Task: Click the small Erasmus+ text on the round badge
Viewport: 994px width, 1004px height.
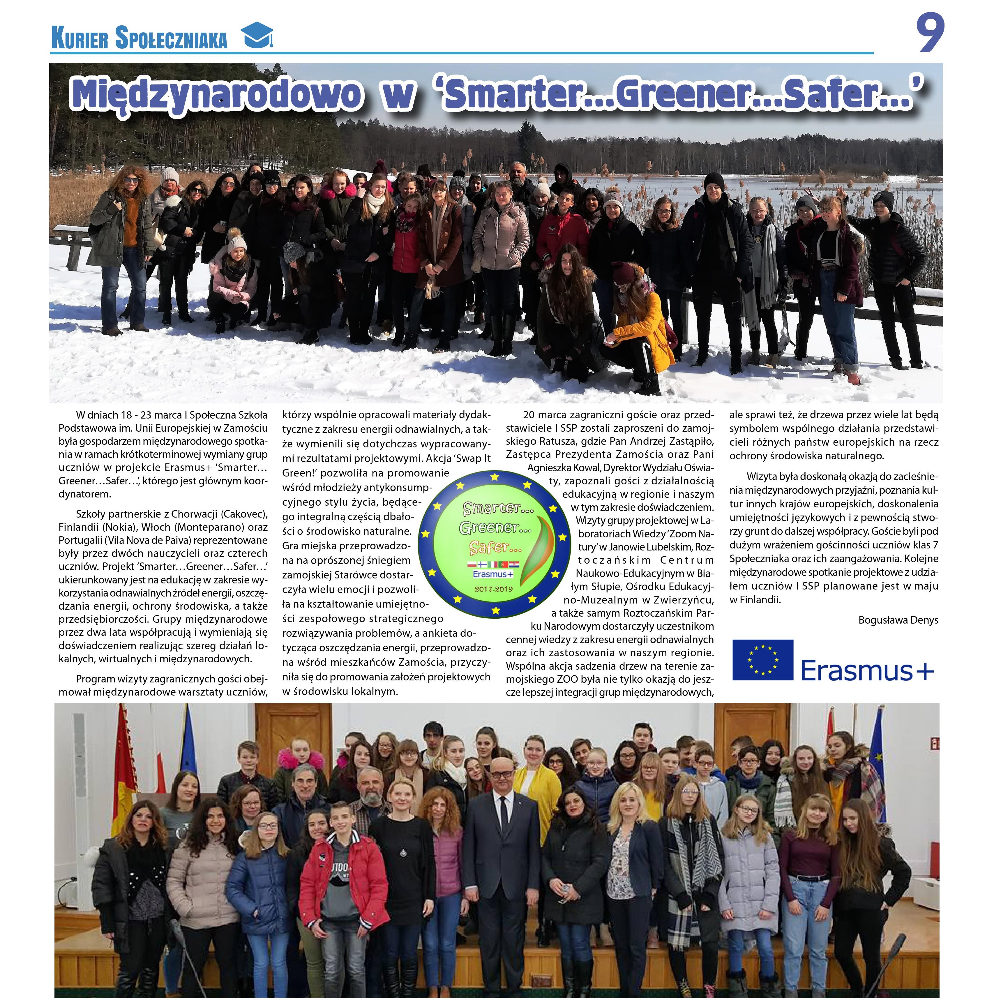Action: point(492,574)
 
